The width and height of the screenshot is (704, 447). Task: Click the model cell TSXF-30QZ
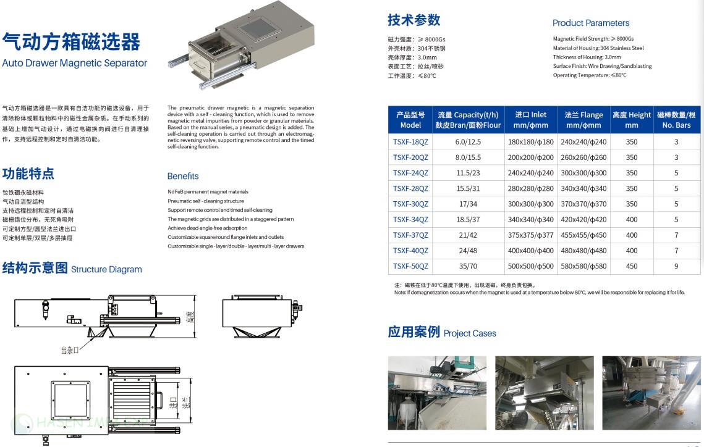(x=410, y=204)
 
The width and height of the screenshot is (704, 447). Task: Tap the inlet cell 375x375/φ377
(x=530, y=235)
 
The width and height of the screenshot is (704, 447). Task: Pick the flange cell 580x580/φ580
(x=583, y=266)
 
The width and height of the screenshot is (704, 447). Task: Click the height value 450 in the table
(x=631, y=266)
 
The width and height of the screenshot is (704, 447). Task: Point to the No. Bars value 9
(x=676, y=266)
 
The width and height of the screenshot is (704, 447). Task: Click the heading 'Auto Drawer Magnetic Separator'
(x=75, y=63)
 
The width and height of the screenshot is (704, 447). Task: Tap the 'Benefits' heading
(x=183, y=176)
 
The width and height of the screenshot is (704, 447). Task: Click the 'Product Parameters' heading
(x=590, y=23)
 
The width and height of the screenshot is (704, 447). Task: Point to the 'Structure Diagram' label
(x=106, y=269)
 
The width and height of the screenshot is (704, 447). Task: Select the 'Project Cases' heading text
(x=470, y=333)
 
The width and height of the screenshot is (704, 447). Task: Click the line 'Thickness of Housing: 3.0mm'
(x=587, y=57)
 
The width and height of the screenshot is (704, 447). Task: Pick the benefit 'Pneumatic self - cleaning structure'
(x=206, y=201)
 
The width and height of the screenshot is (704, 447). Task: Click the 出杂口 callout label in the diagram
(x=70, y=350)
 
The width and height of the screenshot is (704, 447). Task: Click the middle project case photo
(x=544, y=393)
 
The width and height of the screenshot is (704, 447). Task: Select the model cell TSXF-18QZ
(x=410, y=141)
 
